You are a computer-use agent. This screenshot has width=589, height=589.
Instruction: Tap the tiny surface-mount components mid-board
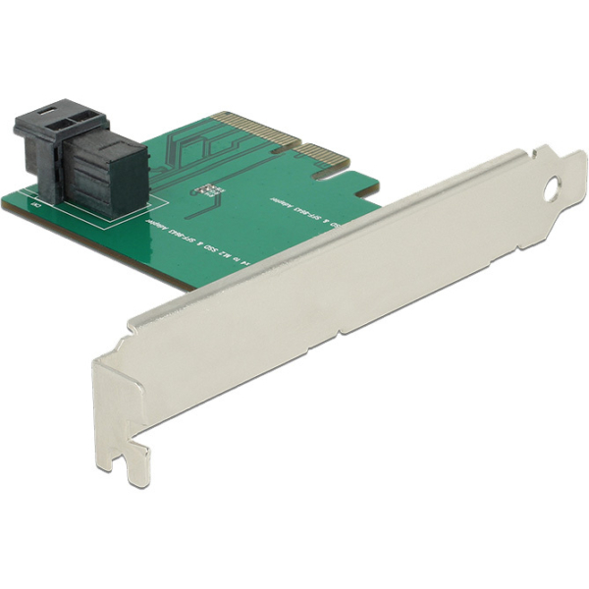click(208, 188)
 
